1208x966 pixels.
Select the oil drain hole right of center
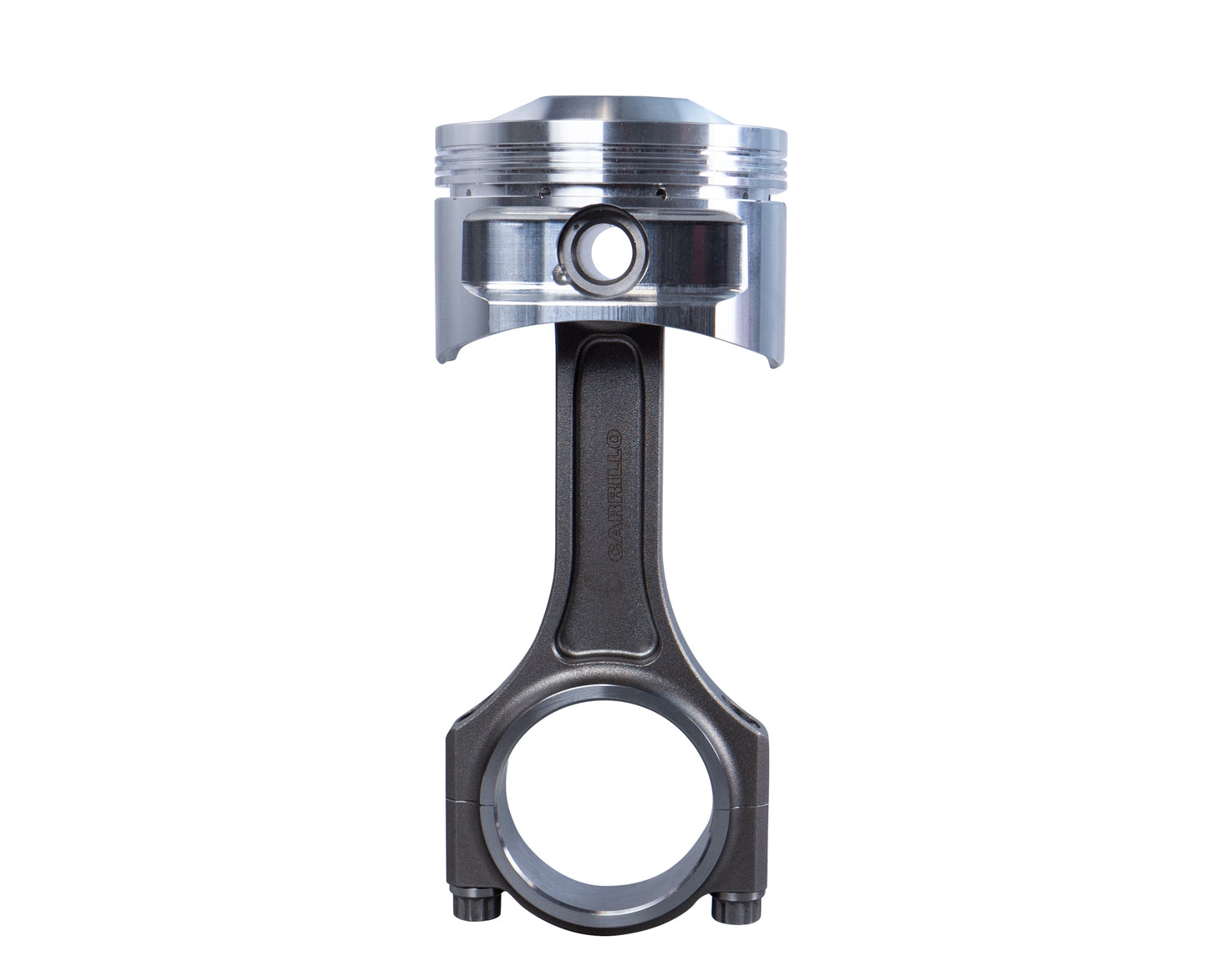tap(665, 192)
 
